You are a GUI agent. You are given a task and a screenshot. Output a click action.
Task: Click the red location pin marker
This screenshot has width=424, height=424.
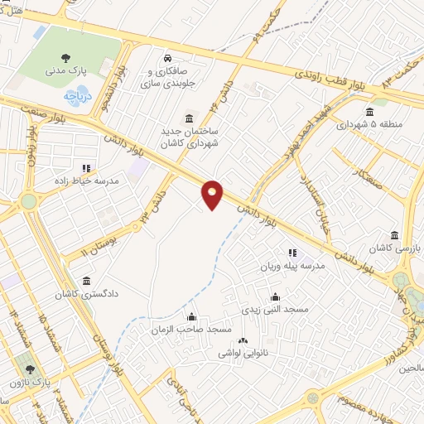212,194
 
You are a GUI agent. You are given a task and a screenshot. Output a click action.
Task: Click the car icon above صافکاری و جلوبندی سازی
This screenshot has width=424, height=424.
168,59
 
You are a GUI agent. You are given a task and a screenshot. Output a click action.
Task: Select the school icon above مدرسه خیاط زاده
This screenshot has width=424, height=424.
86,168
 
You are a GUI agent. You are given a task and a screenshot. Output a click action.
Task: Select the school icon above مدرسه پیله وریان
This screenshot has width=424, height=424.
291,253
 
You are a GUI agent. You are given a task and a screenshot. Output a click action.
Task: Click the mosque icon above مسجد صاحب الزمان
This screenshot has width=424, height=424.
192,317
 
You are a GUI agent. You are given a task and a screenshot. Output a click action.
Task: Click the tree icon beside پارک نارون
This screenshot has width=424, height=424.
31,369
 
